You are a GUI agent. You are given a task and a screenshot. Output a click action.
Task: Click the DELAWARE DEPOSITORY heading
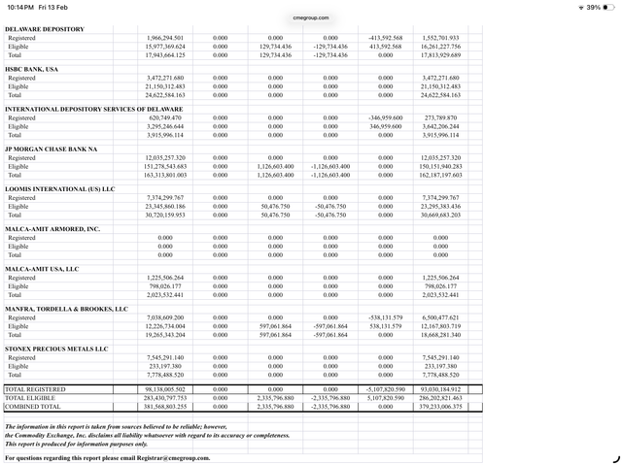[x=45, y=29]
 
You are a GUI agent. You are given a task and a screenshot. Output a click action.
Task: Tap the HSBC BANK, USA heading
[x=32, y=69]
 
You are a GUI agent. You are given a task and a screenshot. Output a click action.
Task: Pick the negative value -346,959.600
[x=385, y=117]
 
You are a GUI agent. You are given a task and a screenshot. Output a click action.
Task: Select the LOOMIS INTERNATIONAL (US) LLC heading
[x=60, y=188]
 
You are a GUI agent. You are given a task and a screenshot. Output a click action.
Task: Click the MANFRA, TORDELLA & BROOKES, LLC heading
[x=66, y=309]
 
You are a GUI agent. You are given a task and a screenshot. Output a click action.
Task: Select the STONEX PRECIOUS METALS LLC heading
[x=56, y=349]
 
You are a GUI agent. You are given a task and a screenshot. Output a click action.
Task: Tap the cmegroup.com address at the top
[x=311, y=17]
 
